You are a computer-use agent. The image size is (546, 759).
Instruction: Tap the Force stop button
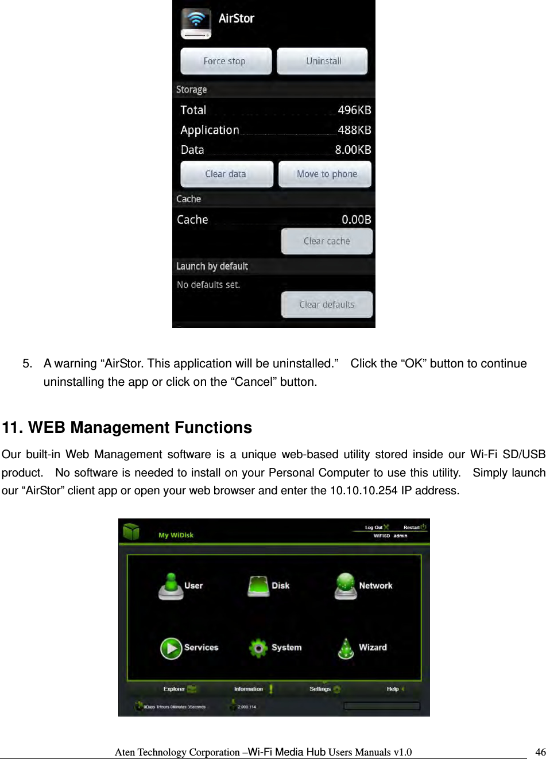[x=225, y=61]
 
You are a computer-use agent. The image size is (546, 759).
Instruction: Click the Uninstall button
[x=323, y=61]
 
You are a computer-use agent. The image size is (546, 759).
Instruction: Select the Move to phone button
[x=326, y=174]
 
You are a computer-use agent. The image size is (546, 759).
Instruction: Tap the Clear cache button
[x=327, y=241]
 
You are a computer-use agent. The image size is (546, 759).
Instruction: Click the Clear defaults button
[x=327, y=304]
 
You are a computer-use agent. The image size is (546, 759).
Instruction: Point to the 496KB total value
[x=354, y=110]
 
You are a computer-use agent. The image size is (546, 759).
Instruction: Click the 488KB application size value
[x=354, y=130]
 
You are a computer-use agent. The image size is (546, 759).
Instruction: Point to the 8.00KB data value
[x=353, y=150]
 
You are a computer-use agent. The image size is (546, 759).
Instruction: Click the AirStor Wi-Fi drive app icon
[x=196, y=23]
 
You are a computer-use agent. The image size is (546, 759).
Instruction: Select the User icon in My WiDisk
[x=171, y=586]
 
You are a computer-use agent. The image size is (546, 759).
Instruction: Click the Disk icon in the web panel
[x=259, y=586]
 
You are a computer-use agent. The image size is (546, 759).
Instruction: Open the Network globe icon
[x=346, y=586]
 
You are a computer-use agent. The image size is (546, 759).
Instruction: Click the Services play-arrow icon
[x=171, y=648]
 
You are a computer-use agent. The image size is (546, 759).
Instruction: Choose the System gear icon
[x=258, y=648]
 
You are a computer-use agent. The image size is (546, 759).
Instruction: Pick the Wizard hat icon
[x=346, y=649]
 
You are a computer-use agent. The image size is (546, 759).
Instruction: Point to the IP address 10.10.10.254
[x=363, y=491]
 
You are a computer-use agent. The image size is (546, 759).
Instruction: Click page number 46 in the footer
[x=540, y=752]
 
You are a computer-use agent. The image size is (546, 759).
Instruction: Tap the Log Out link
[x=374, y=527]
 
